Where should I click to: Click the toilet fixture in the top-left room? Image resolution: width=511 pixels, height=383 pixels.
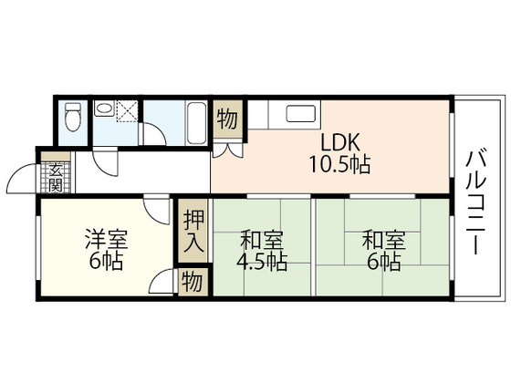pos(73,117)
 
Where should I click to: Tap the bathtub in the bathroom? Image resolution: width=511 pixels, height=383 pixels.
pos(196,123)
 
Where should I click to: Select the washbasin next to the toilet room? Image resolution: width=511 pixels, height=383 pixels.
pos(104,108)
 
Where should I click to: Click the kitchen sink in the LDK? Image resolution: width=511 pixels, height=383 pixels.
pos(300,114)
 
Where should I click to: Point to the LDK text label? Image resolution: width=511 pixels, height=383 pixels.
pos(340,142)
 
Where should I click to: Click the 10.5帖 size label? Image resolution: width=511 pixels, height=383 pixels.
pos(339,164)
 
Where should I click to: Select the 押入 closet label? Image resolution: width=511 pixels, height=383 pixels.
pos(193,232)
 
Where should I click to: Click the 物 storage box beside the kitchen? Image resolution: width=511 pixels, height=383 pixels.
pos(227,119)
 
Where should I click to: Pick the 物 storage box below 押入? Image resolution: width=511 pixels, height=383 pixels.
pos(193,282)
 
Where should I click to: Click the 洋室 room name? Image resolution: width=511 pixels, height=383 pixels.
pos(106,240)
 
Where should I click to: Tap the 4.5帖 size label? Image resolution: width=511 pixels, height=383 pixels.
pos(262,262)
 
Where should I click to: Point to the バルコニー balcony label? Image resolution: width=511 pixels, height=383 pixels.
pos(476,201)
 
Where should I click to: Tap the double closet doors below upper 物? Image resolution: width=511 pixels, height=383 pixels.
pos(228,150)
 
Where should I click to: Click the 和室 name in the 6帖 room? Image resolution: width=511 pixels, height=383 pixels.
pos(384,240)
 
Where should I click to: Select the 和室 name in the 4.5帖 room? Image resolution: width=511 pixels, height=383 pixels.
pos(262,240)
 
